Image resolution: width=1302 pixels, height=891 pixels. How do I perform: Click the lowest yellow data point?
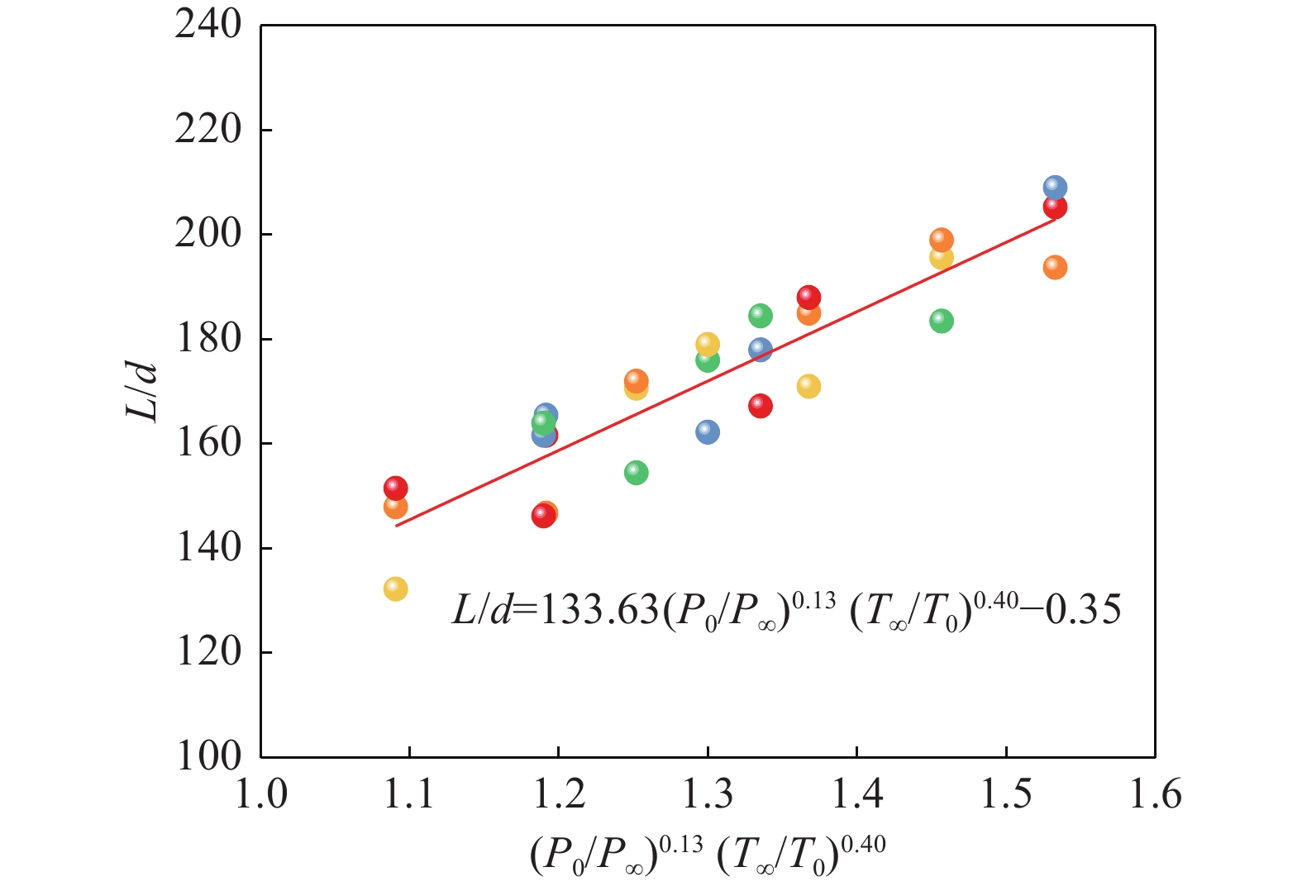click(395, 589)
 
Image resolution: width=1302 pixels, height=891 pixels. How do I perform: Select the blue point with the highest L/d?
click(1055, 188)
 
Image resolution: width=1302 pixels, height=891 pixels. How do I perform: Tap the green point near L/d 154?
click(636, 473)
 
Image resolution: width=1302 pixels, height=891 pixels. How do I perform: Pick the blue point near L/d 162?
click(708, 431)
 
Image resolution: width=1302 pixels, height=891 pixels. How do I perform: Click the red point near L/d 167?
click(760, 406)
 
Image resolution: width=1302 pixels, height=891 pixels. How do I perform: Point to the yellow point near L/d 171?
click(808, 386)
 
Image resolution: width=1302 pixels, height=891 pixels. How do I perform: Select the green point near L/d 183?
click(941, 321)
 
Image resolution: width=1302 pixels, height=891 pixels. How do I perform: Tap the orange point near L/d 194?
click(1055, 267)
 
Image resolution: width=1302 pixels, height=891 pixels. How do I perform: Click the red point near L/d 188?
click(808, 297)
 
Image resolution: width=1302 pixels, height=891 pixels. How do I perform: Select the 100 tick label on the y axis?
click(208, 756)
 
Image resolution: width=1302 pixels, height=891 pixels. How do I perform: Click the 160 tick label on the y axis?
click(208, 443)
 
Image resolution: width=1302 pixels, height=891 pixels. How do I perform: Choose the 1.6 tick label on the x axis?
click(1155, 794)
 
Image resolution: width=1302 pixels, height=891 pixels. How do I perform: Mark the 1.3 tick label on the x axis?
click(708, 794)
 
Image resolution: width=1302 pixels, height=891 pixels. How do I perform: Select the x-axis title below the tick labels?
click(708, 855)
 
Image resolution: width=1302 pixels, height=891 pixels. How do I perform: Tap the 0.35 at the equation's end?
click(1083, 612)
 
